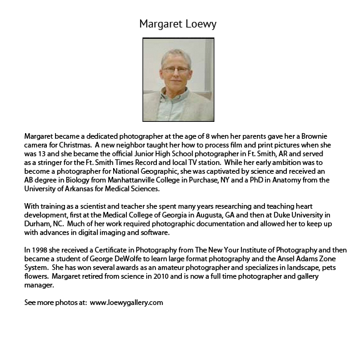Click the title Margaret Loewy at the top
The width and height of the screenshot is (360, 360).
tap(178, 24)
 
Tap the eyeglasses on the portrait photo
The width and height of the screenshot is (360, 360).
tap(176, 69)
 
